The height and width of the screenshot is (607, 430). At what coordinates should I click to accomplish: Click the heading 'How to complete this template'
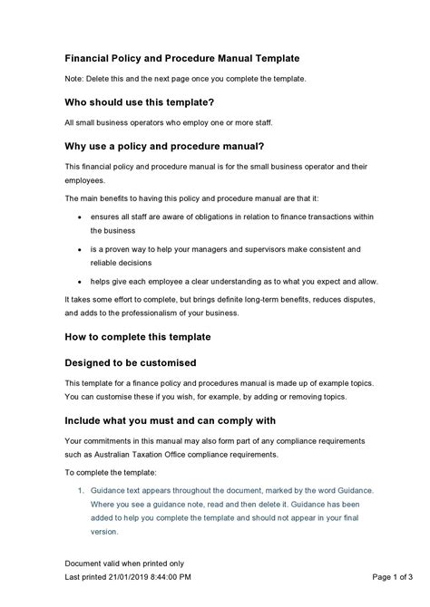[138, 336]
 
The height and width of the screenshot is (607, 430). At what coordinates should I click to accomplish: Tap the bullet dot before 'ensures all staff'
[82, 217]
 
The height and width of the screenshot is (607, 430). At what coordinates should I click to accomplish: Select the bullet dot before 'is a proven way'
[82, 248]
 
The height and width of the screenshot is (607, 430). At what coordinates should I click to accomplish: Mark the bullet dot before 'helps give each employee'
[82, 281]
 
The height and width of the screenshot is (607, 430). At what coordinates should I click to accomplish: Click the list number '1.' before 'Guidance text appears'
[81, 490]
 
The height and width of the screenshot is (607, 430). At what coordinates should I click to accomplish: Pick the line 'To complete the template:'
[111, 472]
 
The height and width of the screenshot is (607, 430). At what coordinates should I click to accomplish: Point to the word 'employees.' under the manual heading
[86, 181]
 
